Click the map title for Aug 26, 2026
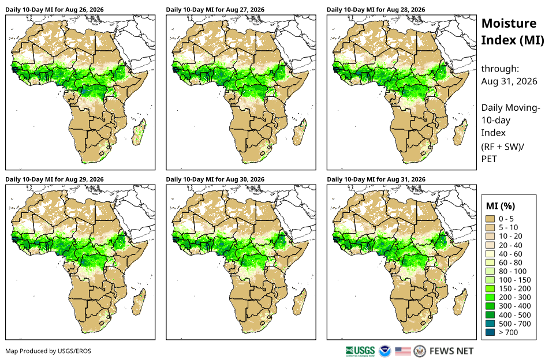click(54, 10)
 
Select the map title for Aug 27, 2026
click(215, 10)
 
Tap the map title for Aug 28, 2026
click(376, 10)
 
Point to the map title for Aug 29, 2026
click(54, 179)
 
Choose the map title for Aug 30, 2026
click(215, 179)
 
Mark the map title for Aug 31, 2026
click(376, 179)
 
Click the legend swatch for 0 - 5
click(490, 219)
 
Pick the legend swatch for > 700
click(490, 332)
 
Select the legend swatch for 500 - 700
click(490, 324)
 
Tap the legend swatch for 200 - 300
click(490, 297)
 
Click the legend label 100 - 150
click(514, 280)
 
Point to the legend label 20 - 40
click(510, 245)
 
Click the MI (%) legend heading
click(501, 206)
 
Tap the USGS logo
click(360, 351)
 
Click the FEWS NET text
click(451, 351)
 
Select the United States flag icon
click(403, 351)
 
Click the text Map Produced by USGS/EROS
click(48, 351)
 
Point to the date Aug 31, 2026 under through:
click(509, 81)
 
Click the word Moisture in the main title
click(509, 24)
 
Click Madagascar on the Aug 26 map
click(139, 133)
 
